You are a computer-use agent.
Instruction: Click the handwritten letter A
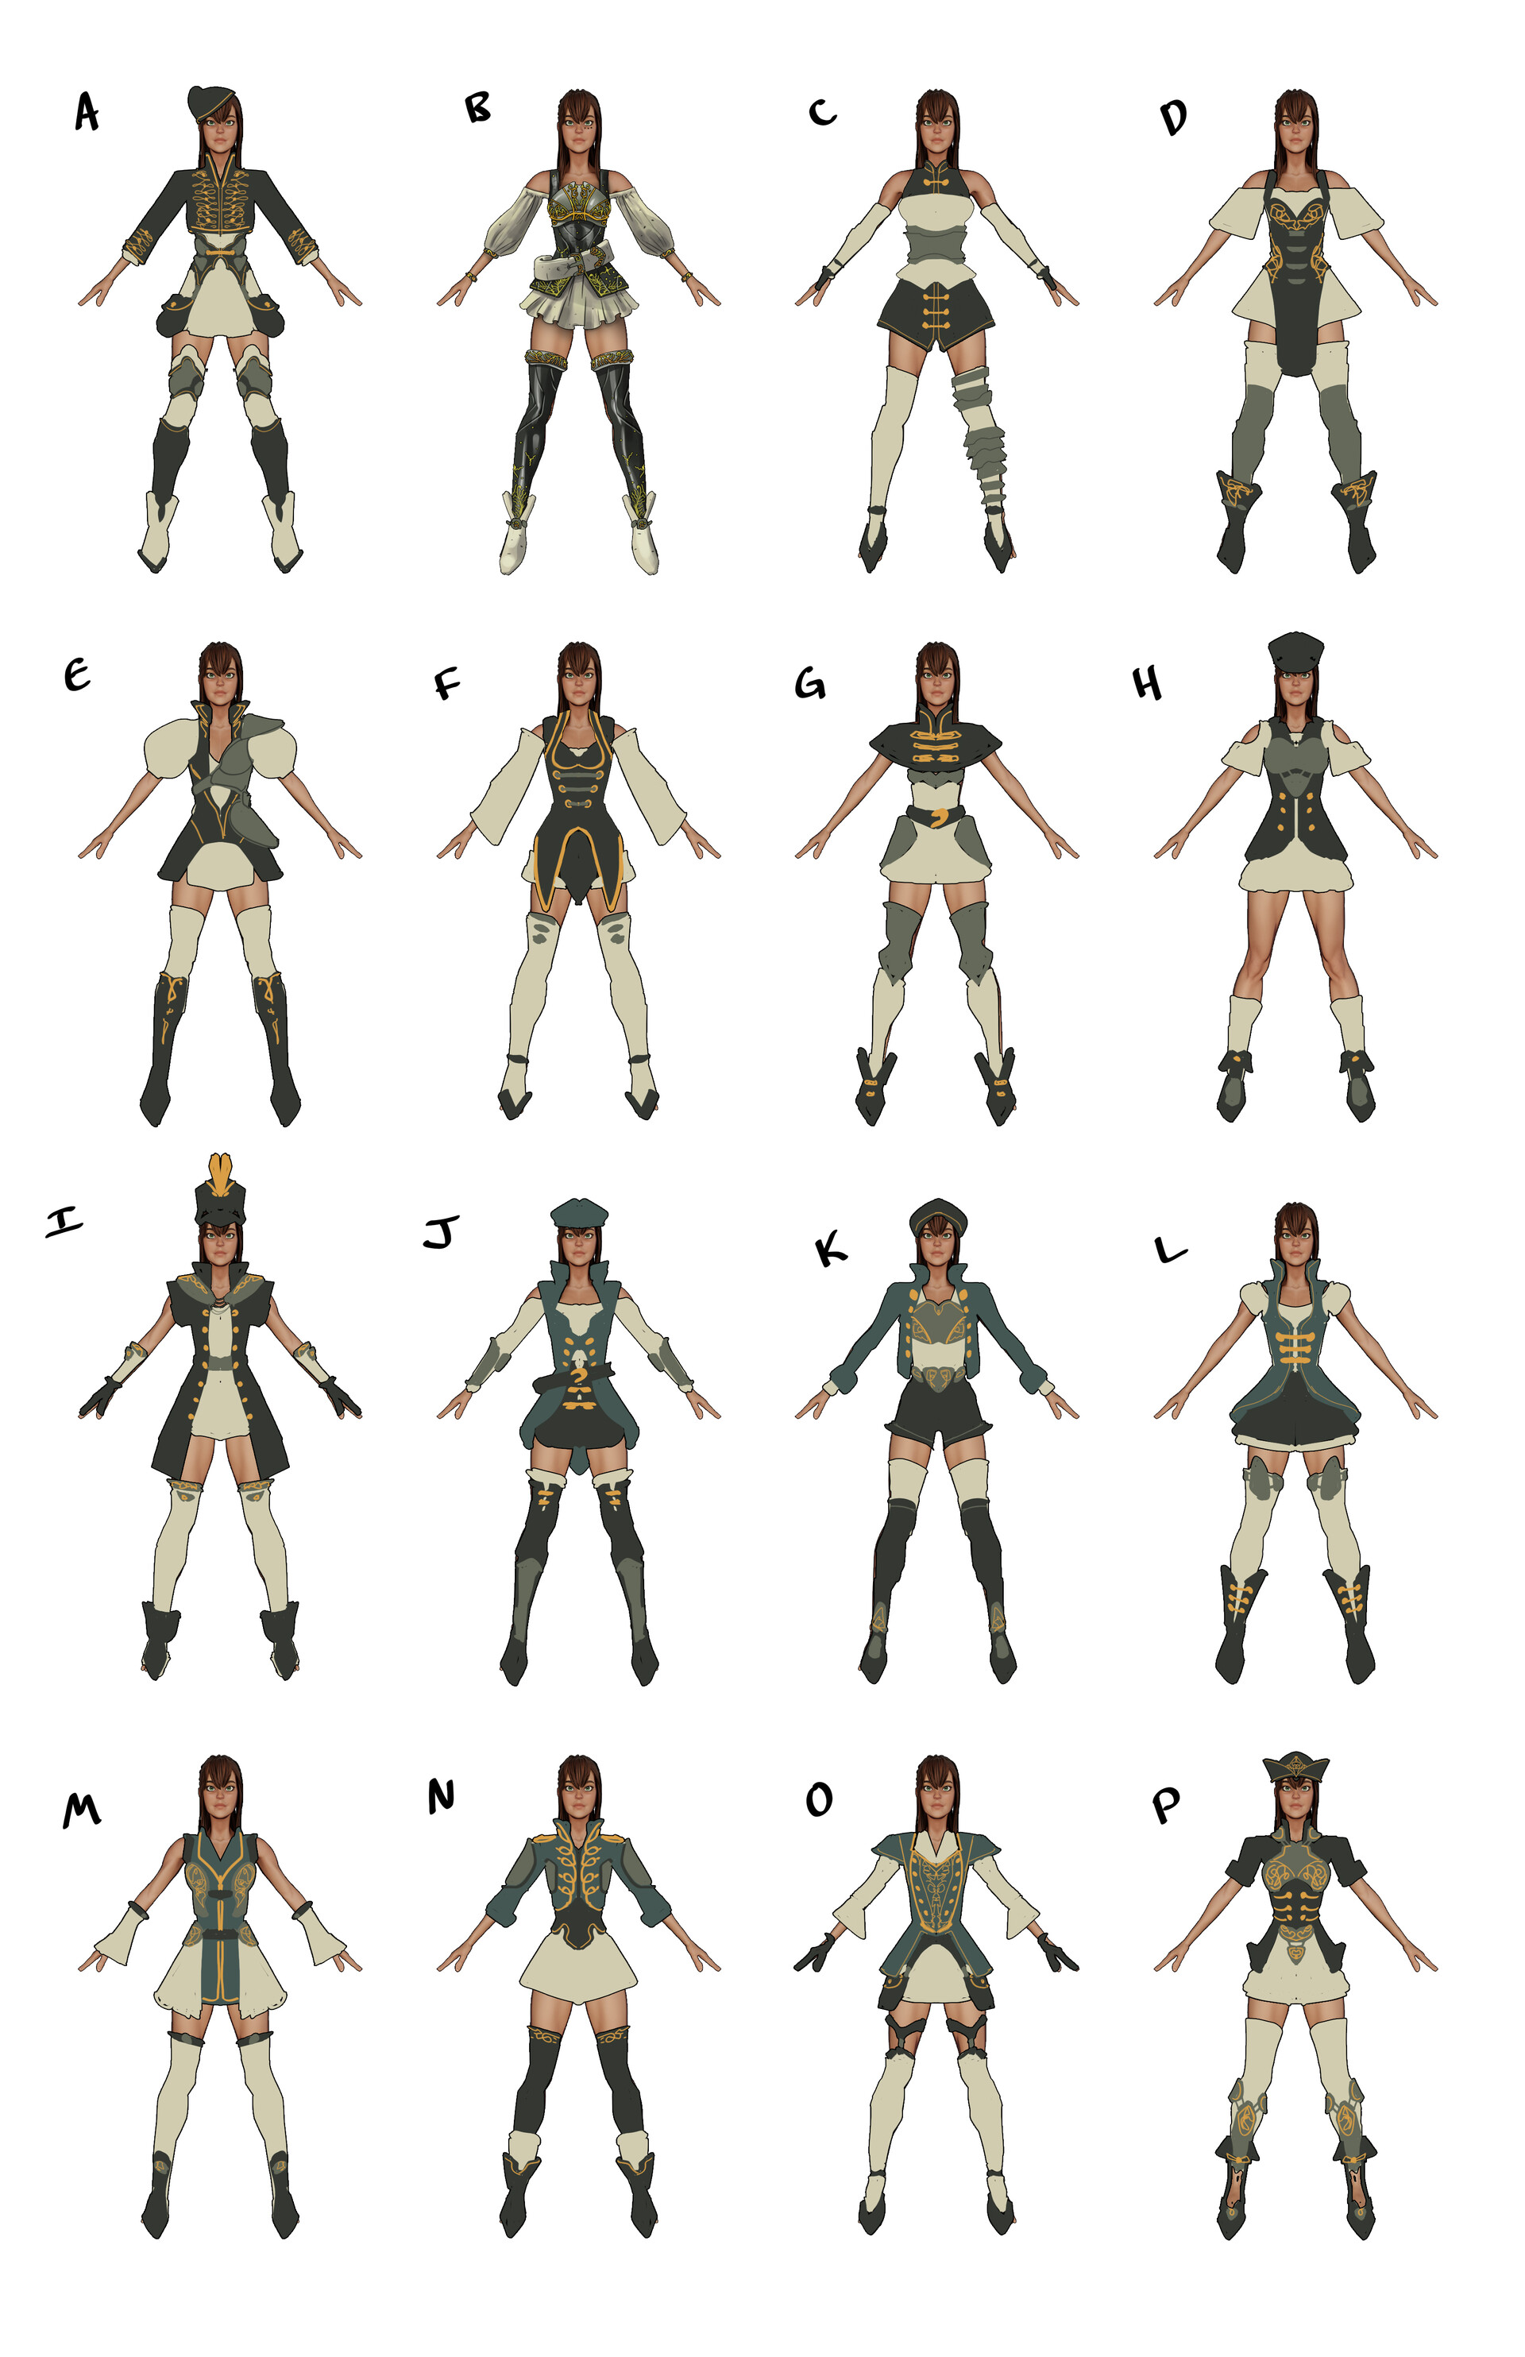pyautogui.click(x=87, y=112)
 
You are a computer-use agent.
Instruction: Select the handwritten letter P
pyautogui.click(x=1167, y=1806)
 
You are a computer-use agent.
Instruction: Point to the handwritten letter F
pyautogui.click(x=448, y=683)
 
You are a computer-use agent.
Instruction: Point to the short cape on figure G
pyautogui.click(x=936, y=738)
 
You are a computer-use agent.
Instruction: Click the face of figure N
pyautogui.click(x=579, y=1794)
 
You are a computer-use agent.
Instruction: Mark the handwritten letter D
pyautogui.click(x=1173, y=117)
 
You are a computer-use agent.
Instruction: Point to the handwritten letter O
pyautogui.click(x=819, y=1799)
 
